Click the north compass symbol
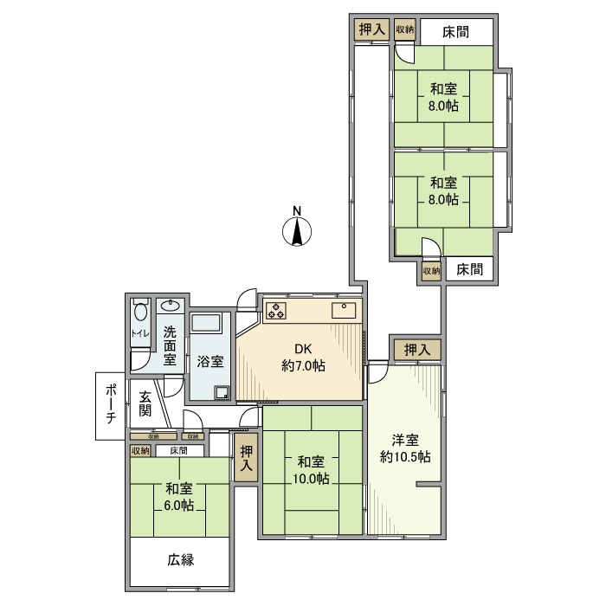pyautogui.click(x=296, y=231)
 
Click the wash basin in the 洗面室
pyautogui.click(x=171, y=306)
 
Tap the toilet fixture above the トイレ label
pyautogui.click(x=139, y=311)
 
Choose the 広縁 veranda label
pyautogui.click(x=180, y=559)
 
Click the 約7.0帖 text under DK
pyautogui.click(x=303, y=366)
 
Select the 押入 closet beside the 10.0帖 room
pyautogui.click(x=247, y=457)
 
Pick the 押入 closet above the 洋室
pyautogui.click(x=416, y=350)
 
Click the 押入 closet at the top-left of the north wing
pyautogui.click(x=371, y=29)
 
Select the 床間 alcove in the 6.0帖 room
pyautogui.click(x=179, y=450)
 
